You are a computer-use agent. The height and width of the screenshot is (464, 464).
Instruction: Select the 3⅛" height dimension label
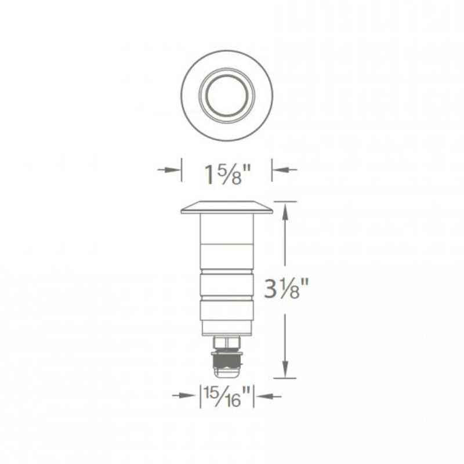pos(287,288)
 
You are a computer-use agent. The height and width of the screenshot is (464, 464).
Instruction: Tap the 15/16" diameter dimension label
pos(227,397)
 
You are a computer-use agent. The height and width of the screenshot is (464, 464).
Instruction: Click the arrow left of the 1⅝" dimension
pos(169,169)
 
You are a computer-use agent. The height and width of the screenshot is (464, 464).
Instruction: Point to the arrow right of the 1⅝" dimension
pos(284,169)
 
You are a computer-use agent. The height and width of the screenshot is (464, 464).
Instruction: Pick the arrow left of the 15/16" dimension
pos(183,396)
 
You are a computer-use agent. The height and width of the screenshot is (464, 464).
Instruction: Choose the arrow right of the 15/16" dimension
pos(269,396)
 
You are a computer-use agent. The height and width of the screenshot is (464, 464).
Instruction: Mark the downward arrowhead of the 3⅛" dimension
pos(285,369)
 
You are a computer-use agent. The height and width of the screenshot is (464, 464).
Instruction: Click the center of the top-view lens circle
pos(227,96)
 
